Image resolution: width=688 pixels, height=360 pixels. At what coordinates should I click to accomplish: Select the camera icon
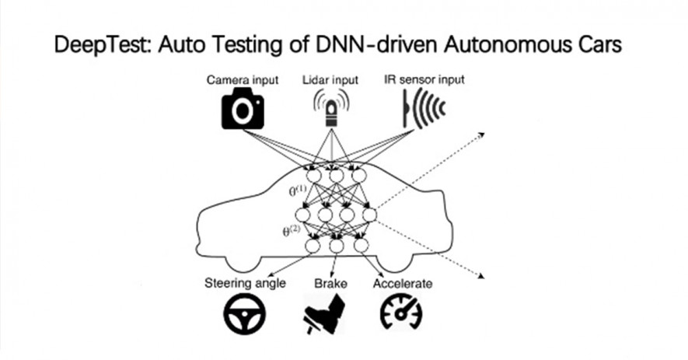coord(243,108)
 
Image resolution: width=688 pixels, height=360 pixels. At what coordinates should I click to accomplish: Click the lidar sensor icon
coord(331,108)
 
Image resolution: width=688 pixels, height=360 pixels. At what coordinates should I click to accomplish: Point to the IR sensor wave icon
coord(424,108)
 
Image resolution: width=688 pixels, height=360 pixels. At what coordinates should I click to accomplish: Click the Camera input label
coord(243,80)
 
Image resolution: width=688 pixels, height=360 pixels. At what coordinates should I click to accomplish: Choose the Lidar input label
coord(330,80)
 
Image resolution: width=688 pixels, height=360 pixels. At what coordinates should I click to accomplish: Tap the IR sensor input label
coord(424,80)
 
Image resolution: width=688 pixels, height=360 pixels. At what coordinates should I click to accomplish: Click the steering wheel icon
coord(244,314)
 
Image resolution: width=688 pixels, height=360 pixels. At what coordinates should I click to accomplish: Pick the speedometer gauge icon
coord(401,312)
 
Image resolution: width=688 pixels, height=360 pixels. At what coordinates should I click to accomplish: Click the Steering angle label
coord(245,283)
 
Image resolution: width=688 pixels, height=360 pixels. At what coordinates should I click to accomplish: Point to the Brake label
coord(330,283)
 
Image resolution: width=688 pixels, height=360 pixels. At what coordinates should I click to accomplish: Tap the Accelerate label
coord(403,284)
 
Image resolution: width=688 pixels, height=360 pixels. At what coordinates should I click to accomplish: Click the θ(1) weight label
coord(298,191)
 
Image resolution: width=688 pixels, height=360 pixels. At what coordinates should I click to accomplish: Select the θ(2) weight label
coord(292,230)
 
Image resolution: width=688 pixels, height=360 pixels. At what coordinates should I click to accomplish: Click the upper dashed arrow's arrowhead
coord(482,135)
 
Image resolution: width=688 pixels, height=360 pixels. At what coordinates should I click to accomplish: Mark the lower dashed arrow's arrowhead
coord(481,276)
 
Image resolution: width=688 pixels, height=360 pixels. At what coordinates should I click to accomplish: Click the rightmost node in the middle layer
coord(369,215)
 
